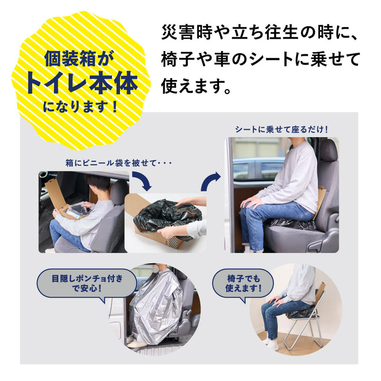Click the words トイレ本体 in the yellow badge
[x=81, y=82]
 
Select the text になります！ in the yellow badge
[x=80, y=106]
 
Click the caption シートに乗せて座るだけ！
[x=281, y=129]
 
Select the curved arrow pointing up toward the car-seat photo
[x=211, y=181]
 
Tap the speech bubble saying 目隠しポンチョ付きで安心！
[x=87, y=283]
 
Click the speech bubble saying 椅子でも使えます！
[x=243, y=283]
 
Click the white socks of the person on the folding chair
[x=271, y=342]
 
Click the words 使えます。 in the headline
[x=196, y=86]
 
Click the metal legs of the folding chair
[x=305, y=331]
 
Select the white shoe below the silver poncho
[x=137, y=343]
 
